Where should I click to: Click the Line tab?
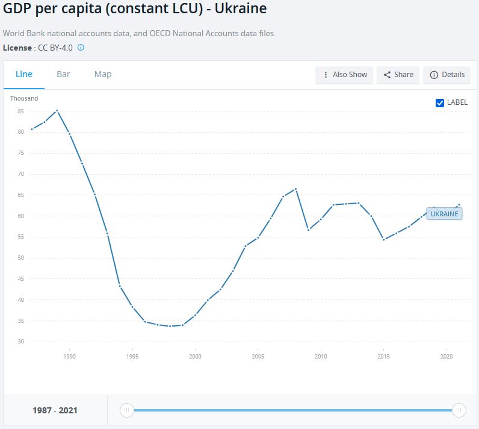[x=24, y=74]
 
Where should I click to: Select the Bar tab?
[x=63, y=74]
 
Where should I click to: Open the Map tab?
[x=103, y=74]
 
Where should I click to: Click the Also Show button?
[x=345, y=75]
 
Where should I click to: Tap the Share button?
[x=398, y=75]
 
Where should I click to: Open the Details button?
[x=447, y=75]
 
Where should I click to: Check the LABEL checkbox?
[x=440, y=102]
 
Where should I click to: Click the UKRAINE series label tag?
[x=444, y=213]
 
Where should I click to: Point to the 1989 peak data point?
[x=57, y=110]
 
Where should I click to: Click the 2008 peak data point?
[x=295, y=189]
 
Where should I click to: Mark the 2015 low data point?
[x=383, y=239]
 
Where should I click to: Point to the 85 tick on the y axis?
[x=20, y=111]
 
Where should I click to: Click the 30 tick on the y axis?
[x=20, y=342]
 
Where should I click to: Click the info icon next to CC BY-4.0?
[x=81, y=47]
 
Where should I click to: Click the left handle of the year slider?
[x=126, y=410]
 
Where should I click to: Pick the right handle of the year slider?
[x=459, y=410]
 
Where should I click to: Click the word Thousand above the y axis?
[x=24, y=98]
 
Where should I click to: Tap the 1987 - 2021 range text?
[x=54, y=411]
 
